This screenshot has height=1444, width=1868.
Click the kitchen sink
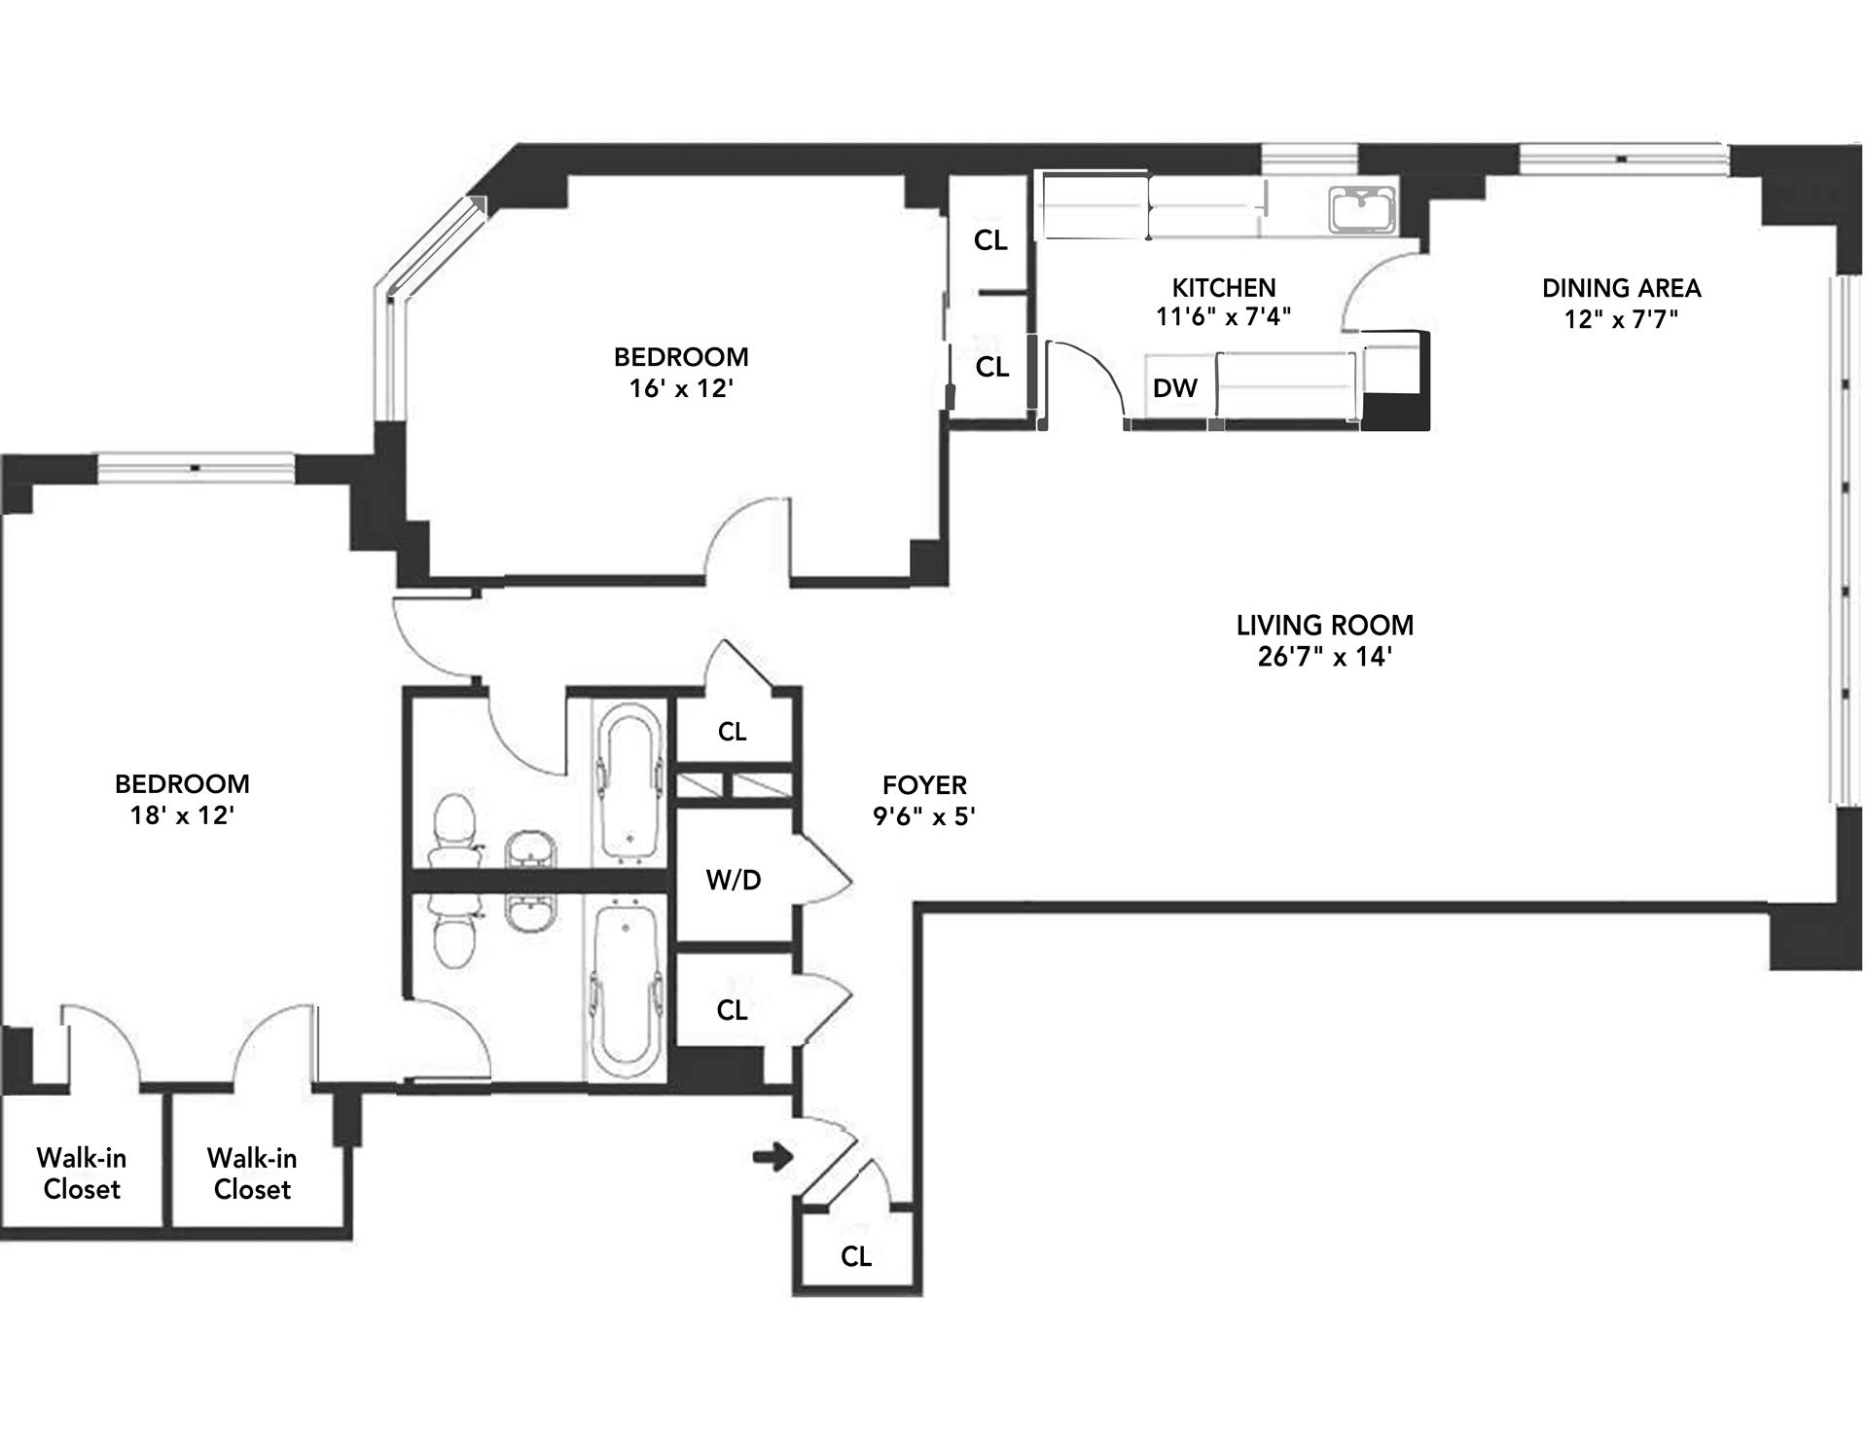coord(1363,210)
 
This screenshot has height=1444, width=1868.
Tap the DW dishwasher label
coord(1174,388)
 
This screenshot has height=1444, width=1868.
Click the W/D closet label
coord(734,880)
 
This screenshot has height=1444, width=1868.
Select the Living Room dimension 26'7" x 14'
coord(1324,657)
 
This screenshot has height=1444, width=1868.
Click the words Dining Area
coord(1621,288)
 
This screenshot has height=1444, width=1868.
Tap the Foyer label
coord(924,784)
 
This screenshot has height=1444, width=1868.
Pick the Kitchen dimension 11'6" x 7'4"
coord(1224,316)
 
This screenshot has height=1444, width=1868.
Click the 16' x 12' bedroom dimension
coord(680,388)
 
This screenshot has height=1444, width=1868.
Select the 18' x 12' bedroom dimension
coord(182,814)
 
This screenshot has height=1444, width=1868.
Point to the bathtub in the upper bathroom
coord(629,782)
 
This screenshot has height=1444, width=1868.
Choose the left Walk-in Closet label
coord(82,1173)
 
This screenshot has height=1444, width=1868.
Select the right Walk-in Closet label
coord(252,1173)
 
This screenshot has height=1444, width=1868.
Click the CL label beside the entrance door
coord(856,1256)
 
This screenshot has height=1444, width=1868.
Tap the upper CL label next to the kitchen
coord(990,240)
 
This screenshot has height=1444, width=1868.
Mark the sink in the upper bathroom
coord(530,849)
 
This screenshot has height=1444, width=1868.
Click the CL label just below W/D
coord(732,1010)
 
